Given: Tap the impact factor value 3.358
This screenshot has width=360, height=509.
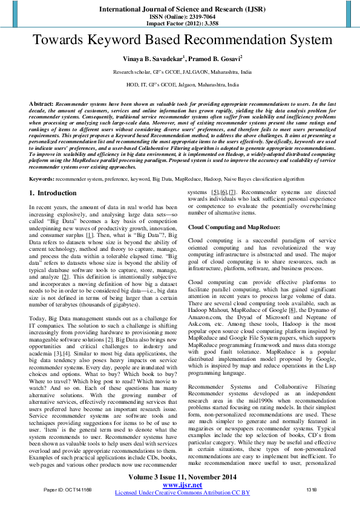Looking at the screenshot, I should [201, 25].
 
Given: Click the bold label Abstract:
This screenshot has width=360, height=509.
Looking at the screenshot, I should [41, 104].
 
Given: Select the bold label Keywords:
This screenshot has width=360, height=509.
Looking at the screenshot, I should [44, 179].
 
